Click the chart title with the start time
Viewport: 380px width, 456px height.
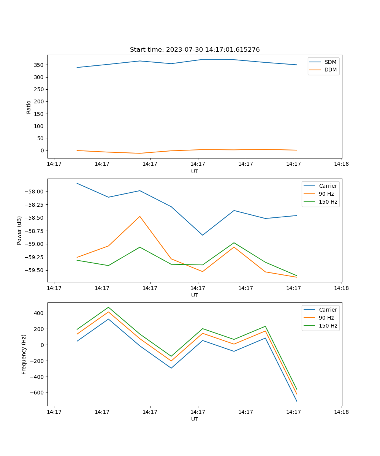click(x=195, y=50)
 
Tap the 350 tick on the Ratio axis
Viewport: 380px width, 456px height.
click(x=40, y=65)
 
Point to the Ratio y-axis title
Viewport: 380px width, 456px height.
click(x=29, y=107)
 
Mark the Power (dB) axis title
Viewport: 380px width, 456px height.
click(x=19, y=230)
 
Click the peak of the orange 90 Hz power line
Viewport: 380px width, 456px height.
click(x=140, y=217)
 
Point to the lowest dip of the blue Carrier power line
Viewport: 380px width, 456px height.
click(x=203, y=235)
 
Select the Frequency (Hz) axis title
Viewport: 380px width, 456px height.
click(x=24, y=354)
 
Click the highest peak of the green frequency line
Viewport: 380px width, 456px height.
click(x=108, y=307)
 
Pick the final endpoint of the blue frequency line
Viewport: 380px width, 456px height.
click(x=297, y=401)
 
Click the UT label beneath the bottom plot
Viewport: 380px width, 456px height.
click(x=195, y=419)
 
